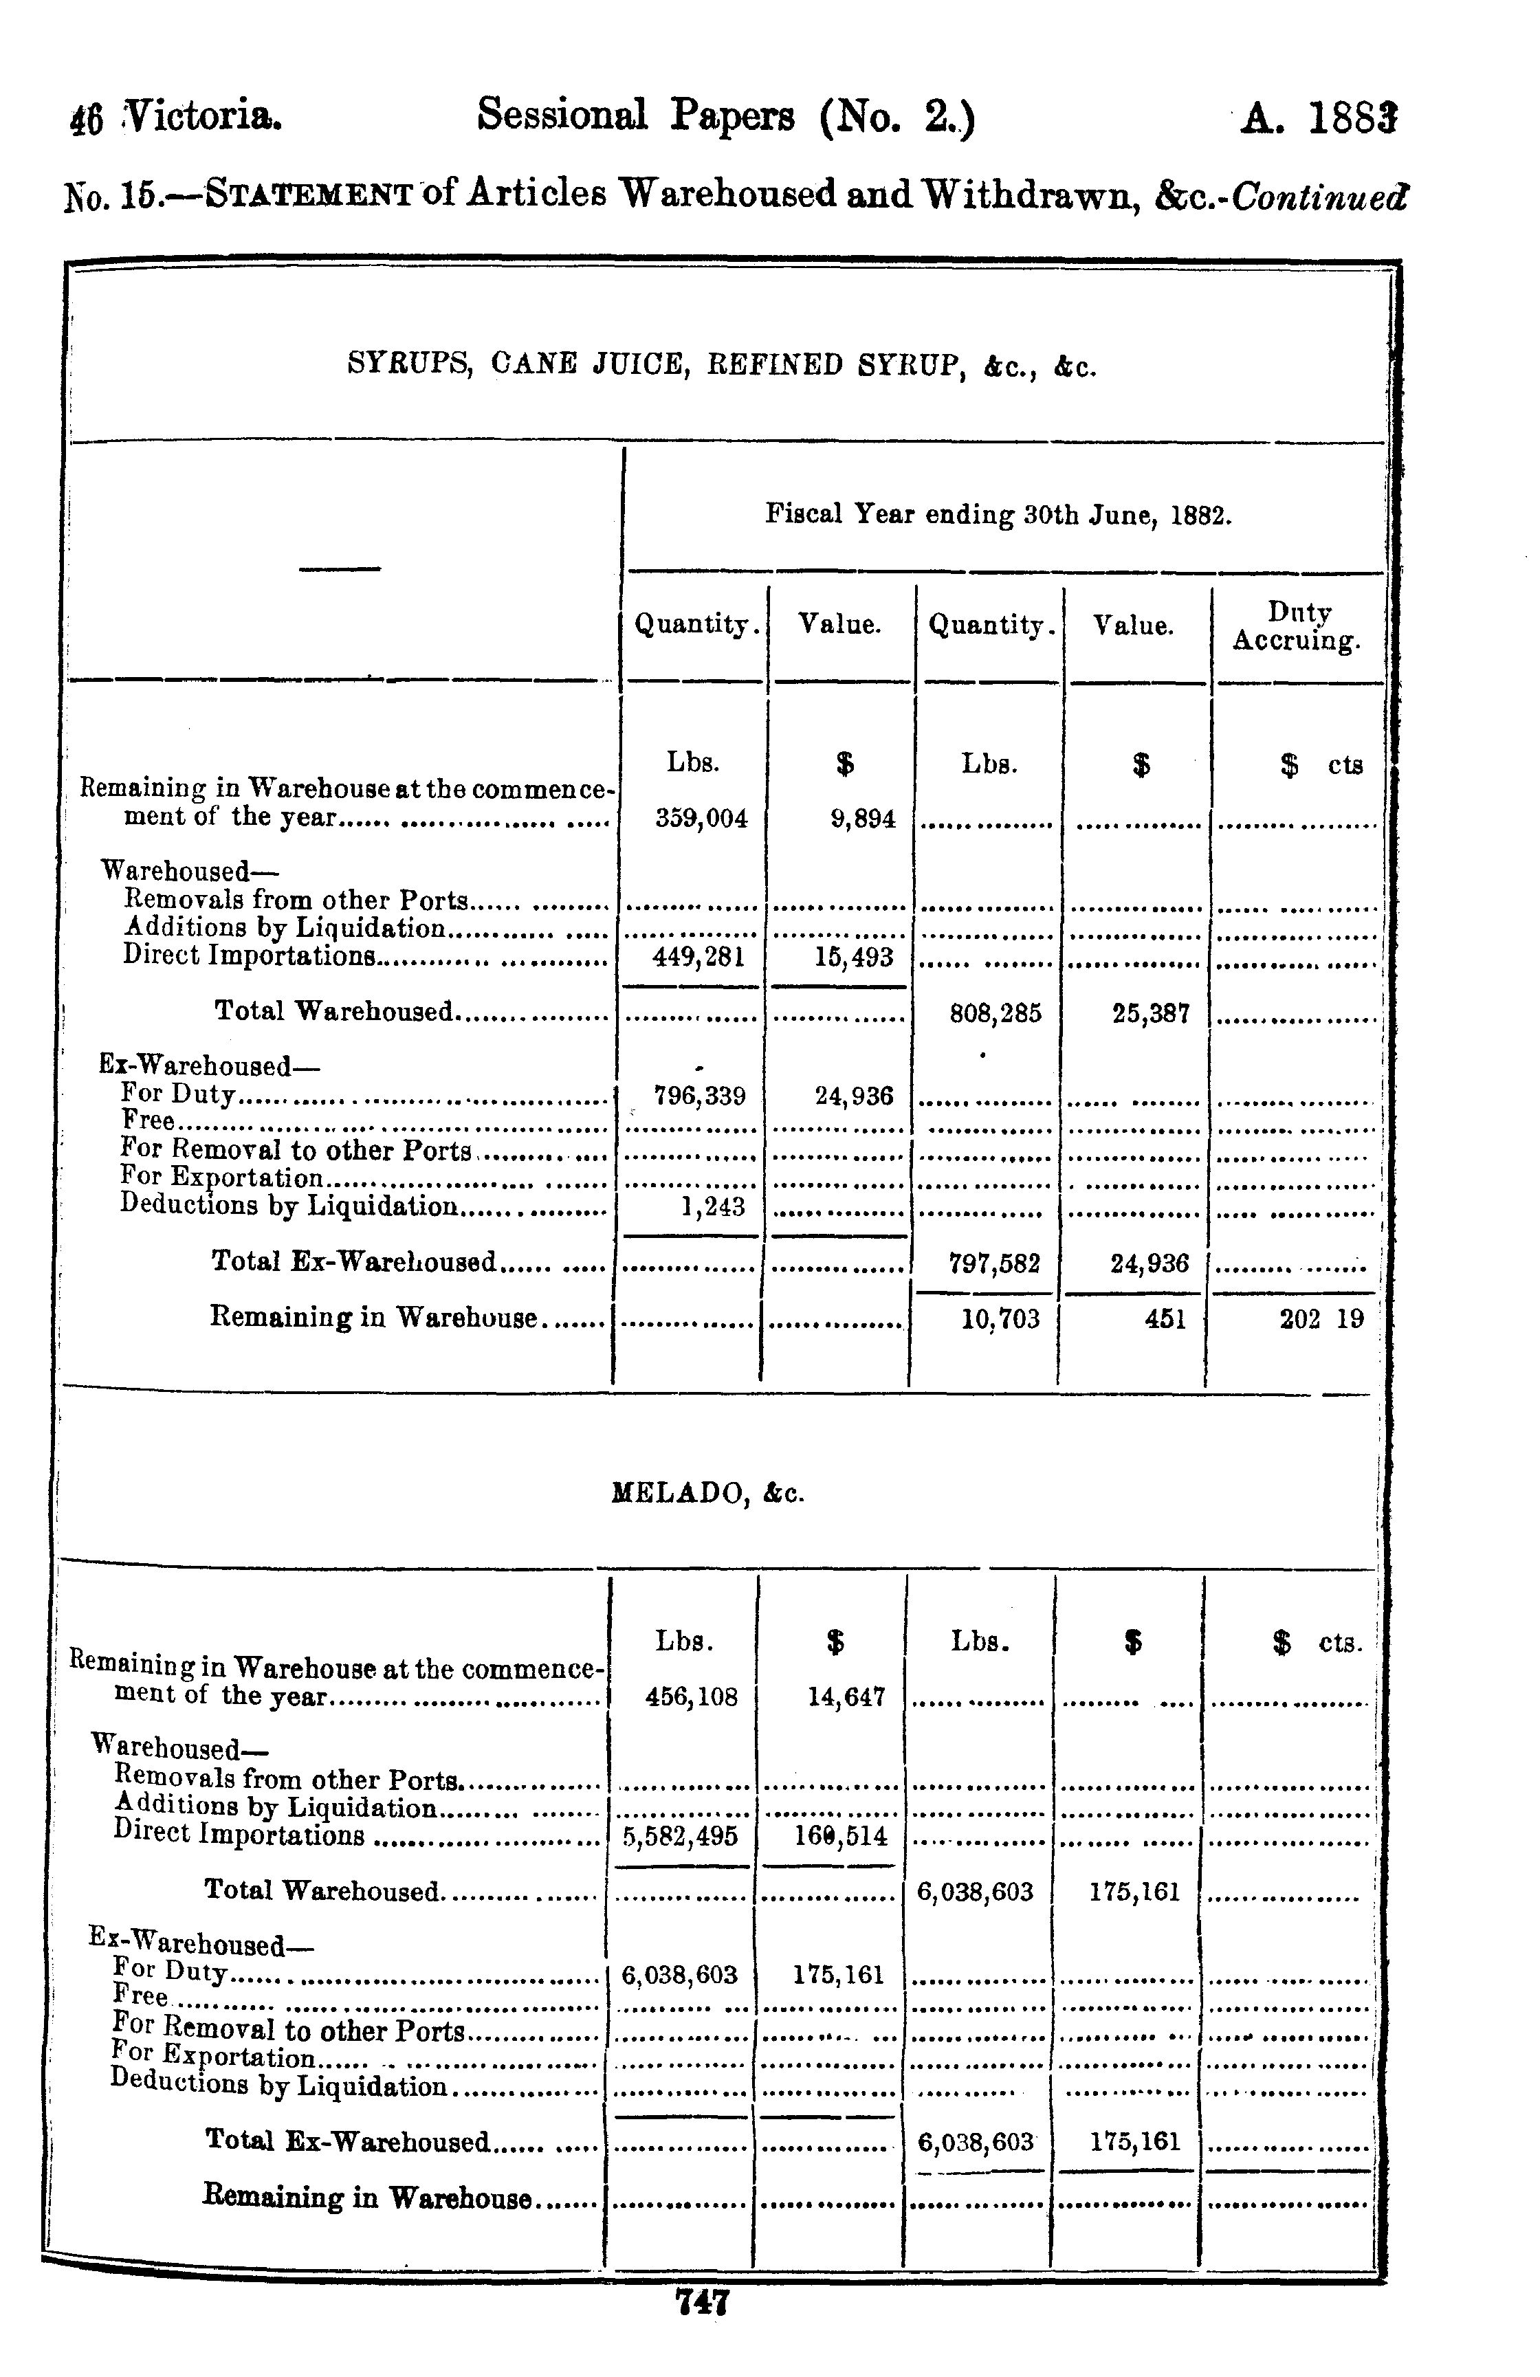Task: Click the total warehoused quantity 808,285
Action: click(x=995, y=1015)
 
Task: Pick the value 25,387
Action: click(x=1149, y=1015)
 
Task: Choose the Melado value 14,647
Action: click(x=846, y=1698)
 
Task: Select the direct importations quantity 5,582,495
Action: click(x=680, y=1836)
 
